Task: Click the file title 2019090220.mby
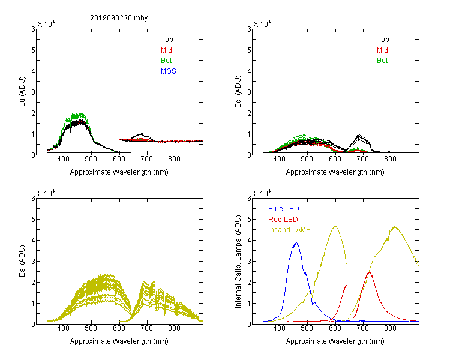(x=119, y=18)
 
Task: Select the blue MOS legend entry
(x=169, y=71)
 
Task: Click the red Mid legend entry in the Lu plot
(x=166, y=50)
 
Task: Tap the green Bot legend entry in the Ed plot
(x=382, y=61)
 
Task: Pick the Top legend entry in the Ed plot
(x=383, y=40)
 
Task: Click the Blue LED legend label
(x=284, y=209)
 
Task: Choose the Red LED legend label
(x=283, y=220)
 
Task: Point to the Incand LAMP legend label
(x=289, y=230)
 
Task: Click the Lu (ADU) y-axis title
(x=22, y=92)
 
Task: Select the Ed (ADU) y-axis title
(x=238, y=92)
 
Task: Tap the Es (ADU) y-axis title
(x=22, y=261)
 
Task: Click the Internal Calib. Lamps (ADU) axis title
(x=238, y=262)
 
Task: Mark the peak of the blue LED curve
(x=296, y=242)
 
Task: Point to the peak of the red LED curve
(x=370, y=272)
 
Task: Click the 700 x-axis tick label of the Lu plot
(x=146, y=160)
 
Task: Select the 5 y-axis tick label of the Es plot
(x=33, y=220)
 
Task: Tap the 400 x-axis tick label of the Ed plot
(x=279, y=160)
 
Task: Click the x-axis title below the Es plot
(x=119, y=341)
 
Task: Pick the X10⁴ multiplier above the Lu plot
(x=46, y=24)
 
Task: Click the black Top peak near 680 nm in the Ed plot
(x=358, y=134)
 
